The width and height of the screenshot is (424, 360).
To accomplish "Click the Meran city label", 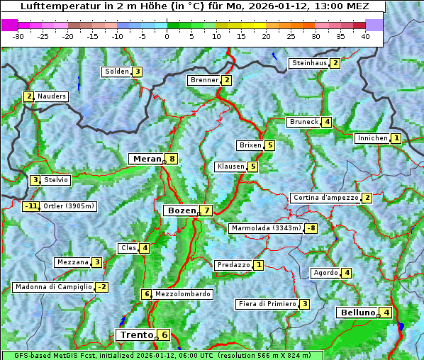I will click(x=145, y=159).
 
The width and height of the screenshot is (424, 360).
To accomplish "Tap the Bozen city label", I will click(x=180, y=210).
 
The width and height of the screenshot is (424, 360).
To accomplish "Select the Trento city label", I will click(x=136, y=335).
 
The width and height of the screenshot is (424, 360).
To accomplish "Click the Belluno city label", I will click(x=357, y=313).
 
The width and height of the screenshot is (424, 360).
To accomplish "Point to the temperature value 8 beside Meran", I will click(x=172, y=159).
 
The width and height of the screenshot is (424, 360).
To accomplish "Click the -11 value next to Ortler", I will click(x=30, y=207).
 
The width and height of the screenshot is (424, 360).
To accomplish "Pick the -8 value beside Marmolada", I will click(x=311, y=228).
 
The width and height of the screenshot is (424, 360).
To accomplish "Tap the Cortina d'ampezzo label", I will click(x=325, y=198).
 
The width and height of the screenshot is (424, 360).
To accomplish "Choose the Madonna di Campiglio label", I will click(x=53, y=287).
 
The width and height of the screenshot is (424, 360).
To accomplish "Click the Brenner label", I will click(x=204, y=80).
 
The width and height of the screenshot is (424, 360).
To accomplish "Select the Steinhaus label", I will click(x=310, y=63).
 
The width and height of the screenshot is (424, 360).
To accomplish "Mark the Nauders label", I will click(x=51, y=96).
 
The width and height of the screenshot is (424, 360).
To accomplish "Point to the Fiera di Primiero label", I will click(x=267, y=304).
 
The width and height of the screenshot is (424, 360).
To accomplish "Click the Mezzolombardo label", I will click(x=182, y=294).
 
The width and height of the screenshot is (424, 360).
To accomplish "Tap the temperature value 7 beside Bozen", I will click(x=206, y=210).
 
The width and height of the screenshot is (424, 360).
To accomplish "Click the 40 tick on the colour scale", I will click(x=365, y=35).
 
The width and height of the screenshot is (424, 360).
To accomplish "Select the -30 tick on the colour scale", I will click(x=18, y=35).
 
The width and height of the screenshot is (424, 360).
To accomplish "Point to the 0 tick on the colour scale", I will click(x=167, y=35).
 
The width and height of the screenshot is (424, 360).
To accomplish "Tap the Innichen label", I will click(x=372, y=138).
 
